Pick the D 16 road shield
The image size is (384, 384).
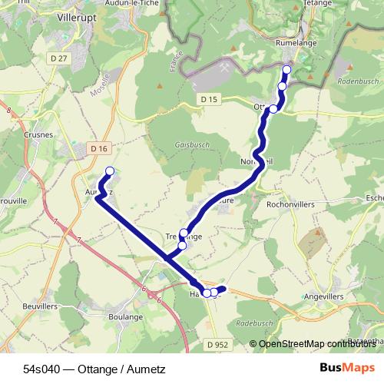[x=99, y=147]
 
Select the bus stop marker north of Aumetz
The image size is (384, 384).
[x=110, y=171]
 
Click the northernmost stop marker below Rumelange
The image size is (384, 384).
[x=287, y=70]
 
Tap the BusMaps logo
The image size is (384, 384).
[x=346, y=367]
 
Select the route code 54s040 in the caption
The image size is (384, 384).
[x=43, y=367]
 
